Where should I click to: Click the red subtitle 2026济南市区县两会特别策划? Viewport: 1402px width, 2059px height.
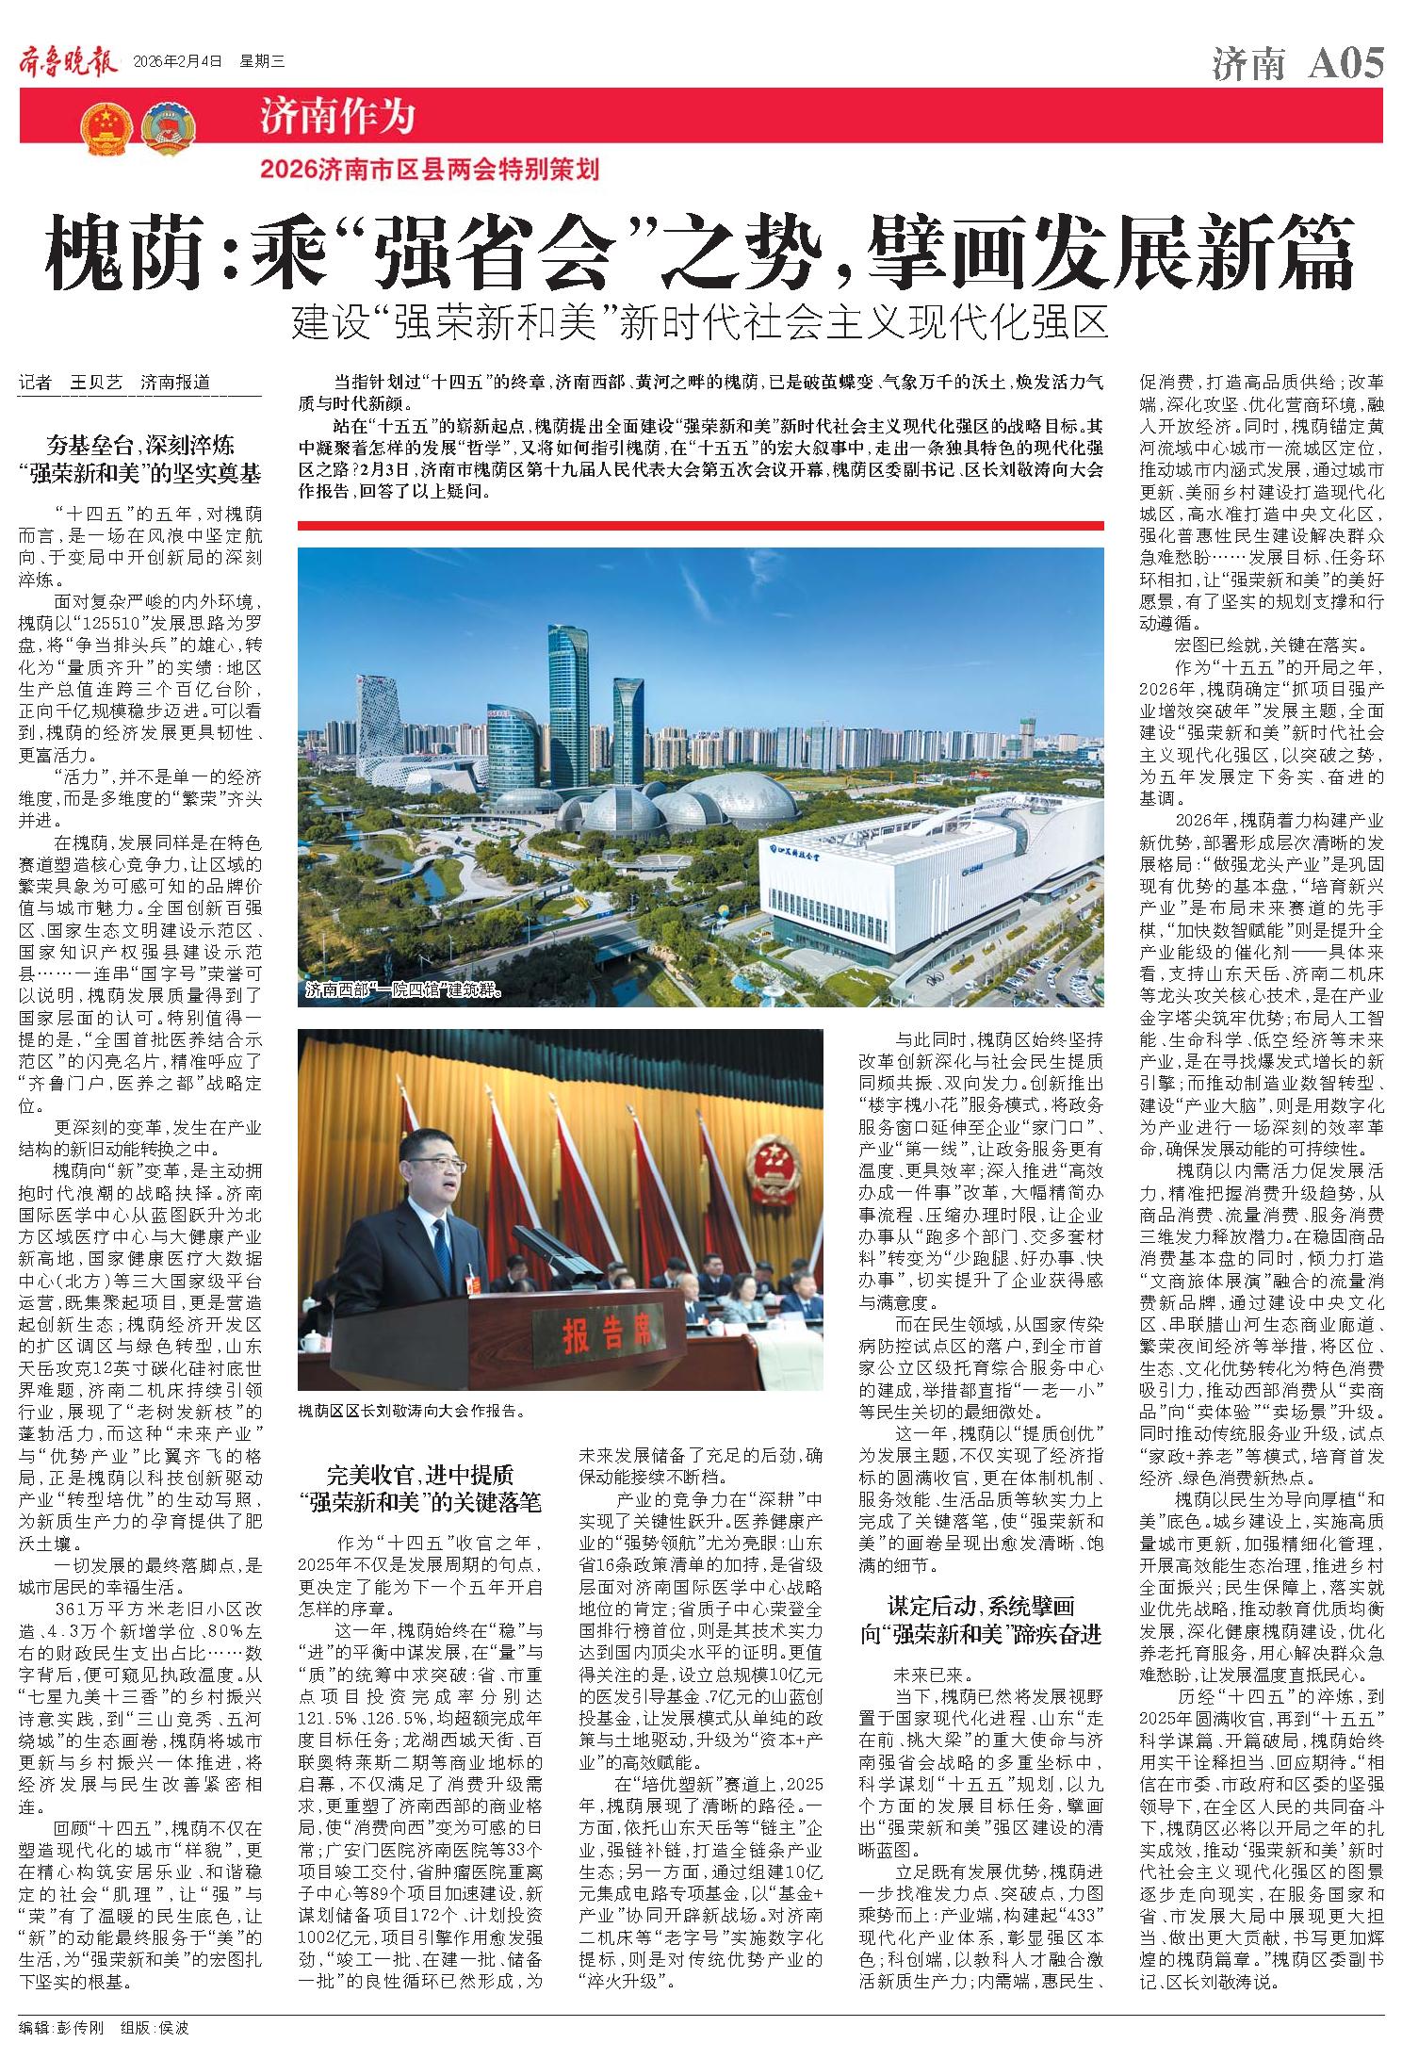(x=431, y=171)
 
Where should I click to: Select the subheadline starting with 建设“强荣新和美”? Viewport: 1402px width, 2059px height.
(x=699, y=323)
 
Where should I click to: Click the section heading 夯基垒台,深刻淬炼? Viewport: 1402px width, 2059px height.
(x=141, y=444)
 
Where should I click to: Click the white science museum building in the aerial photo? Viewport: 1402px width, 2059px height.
(x=905, y=891)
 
